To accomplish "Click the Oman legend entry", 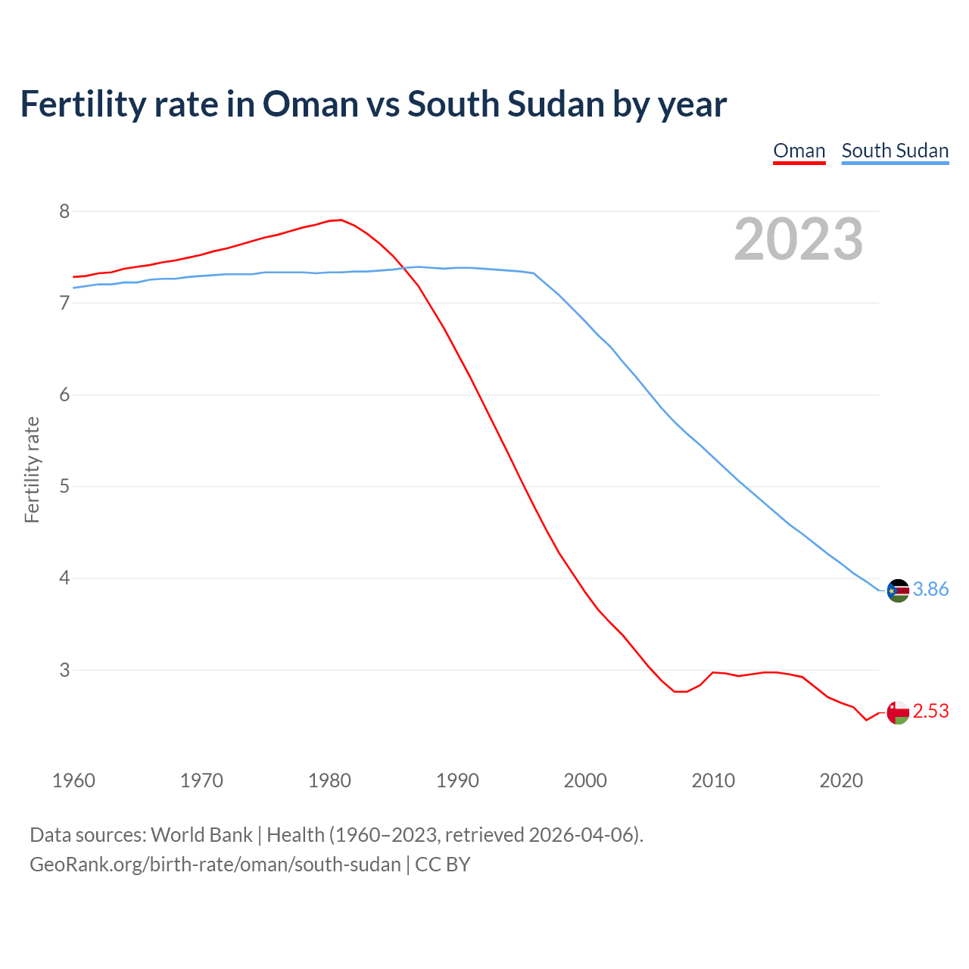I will [799, 151].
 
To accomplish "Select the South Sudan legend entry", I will [895, 151].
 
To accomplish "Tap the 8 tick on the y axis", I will [64, 211].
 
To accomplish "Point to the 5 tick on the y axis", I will [64, 486].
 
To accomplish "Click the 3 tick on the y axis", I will [64, 670].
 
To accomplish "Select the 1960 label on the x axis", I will [73, 780].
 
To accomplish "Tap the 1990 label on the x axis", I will [457, 780].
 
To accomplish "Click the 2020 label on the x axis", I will [841, 780].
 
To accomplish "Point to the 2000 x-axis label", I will [585, 780].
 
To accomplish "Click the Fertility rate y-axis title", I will [32, 469].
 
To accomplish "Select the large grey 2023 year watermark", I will [798, 239].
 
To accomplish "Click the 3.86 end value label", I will [930, 589].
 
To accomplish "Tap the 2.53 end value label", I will [930, 712].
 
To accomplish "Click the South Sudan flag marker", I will [898, 590].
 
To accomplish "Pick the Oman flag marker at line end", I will [898, 712].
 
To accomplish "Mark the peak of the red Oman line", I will [341, 220].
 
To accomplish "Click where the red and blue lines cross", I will [403, 267].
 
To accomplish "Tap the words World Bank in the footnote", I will [201, 834].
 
